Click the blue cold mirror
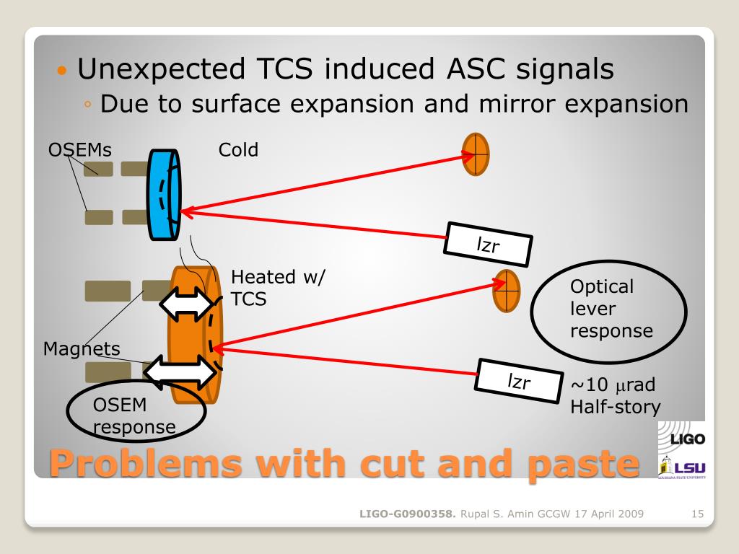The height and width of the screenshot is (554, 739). [163, 194]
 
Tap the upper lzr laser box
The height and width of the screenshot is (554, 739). [488, 244]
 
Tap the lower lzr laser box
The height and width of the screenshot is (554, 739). [520, 380]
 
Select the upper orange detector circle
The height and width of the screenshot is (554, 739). [476, 154]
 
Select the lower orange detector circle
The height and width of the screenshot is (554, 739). [507, 290]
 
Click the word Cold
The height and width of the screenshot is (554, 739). [238, 150]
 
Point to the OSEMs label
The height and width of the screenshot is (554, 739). [79, 150]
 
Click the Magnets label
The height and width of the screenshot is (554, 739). [82, 349]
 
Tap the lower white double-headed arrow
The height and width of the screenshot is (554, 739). [180, 372]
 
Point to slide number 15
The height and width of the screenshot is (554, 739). [697, 514]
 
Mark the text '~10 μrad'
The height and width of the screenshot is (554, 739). [613, 385]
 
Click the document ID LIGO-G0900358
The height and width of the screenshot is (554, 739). [408, 514]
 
